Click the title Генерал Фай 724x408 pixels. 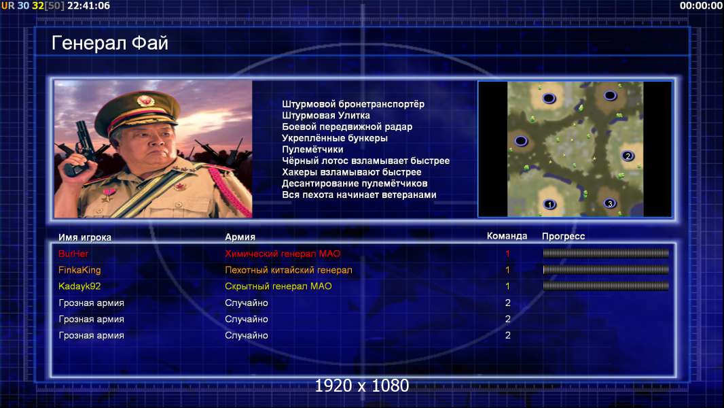110,43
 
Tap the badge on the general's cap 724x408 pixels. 145,101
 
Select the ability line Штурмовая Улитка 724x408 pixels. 326,116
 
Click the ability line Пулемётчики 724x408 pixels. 312,149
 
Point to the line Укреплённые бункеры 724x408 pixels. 335,138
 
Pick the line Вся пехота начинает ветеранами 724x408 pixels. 359,194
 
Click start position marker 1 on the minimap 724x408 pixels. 549,204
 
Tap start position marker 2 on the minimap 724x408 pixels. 628,156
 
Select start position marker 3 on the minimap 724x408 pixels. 610,203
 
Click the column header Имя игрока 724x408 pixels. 85,237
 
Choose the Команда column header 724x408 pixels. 507,236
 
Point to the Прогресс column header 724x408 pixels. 563,237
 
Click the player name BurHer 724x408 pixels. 73,254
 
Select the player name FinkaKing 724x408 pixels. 79,271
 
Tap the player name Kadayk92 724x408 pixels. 79,286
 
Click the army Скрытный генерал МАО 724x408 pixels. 278,286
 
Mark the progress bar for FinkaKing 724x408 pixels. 606,270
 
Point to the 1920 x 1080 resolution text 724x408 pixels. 361,386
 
